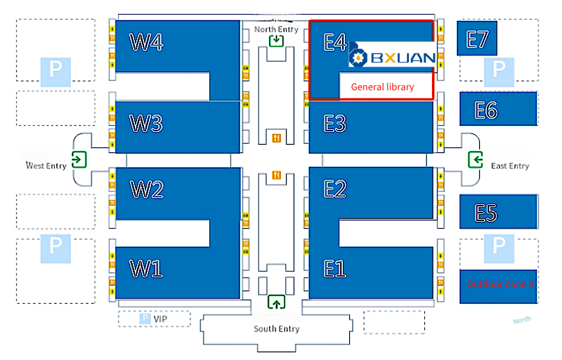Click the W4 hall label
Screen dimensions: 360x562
(147, 43)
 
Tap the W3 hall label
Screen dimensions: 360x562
(146, 124)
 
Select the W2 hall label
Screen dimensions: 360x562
(146, 189)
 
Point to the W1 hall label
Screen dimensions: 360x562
(146, 268)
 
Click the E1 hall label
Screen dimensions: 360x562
(335, 268)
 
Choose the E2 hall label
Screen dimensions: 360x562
(335, 189)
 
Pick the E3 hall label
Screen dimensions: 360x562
(335, 124)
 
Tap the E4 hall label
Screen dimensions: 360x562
(335, 43)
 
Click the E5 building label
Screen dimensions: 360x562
(486, 213)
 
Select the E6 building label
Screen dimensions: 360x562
(486, 110)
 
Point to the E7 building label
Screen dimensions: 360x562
(477, 39)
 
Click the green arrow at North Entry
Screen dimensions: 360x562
(277, 40)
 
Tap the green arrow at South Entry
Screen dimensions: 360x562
(277, 302)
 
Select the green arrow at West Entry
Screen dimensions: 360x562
(79, 159)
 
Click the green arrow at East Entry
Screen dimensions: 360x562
(476, 160)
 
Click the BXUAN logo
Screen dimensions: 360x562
(392, 58)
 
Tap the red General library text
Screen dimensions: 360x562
(382, 87)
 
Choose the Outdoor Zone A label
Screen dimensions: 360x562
(500, 284)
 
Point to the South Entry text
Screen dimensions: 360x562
(276, 329)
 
